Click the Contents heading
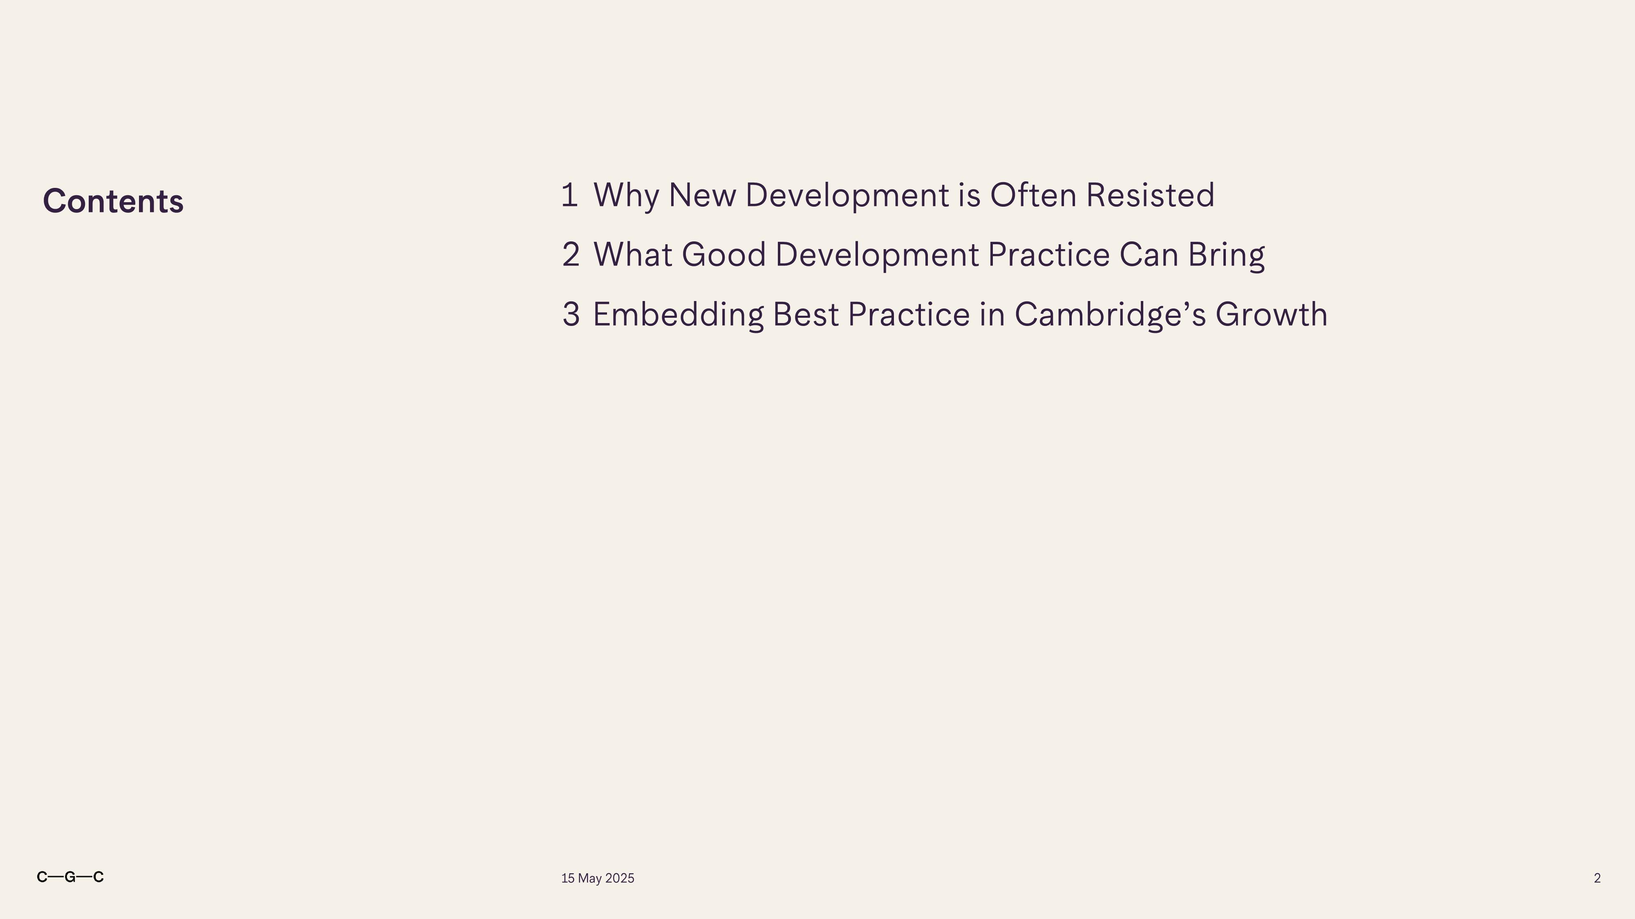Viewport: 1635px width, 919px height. coord(113,201)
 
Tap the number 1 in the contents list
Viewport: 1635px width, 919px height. coord(569,195)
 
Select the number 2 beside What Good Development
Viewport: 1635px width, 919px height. coord(571,254)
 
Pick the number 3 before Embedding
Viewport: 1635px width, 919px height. coord(571,315)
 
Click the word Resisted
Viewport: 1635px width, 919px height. coord(1150,195)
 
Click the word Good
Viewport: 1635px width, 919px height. coord(723,254)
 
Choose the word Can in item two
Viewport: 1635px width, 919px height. coord(1149,254)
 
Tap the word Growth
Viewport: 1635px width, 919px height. coord(1271,315)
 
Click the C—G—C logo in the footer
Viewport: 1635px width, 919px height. coord(70,877)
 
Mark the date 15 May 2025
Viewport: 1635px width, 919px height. coord(597,879)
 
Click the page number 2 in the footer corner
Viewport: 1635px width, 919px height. coord(1597,879)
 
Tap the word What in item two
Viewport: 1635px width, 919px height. coord(633,254)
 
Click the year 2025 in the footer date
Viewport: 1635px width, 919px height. coord(620,879)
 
